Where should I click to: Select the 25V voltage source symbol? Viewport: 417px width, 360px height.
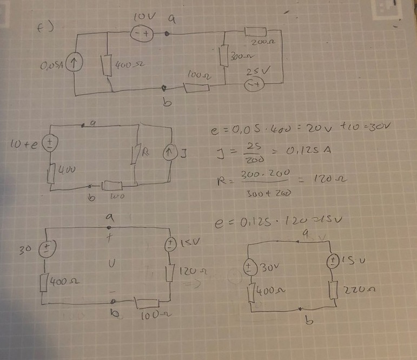(254, 84)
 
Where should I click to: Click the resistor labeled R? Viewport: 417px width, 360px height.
(137, 153)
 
